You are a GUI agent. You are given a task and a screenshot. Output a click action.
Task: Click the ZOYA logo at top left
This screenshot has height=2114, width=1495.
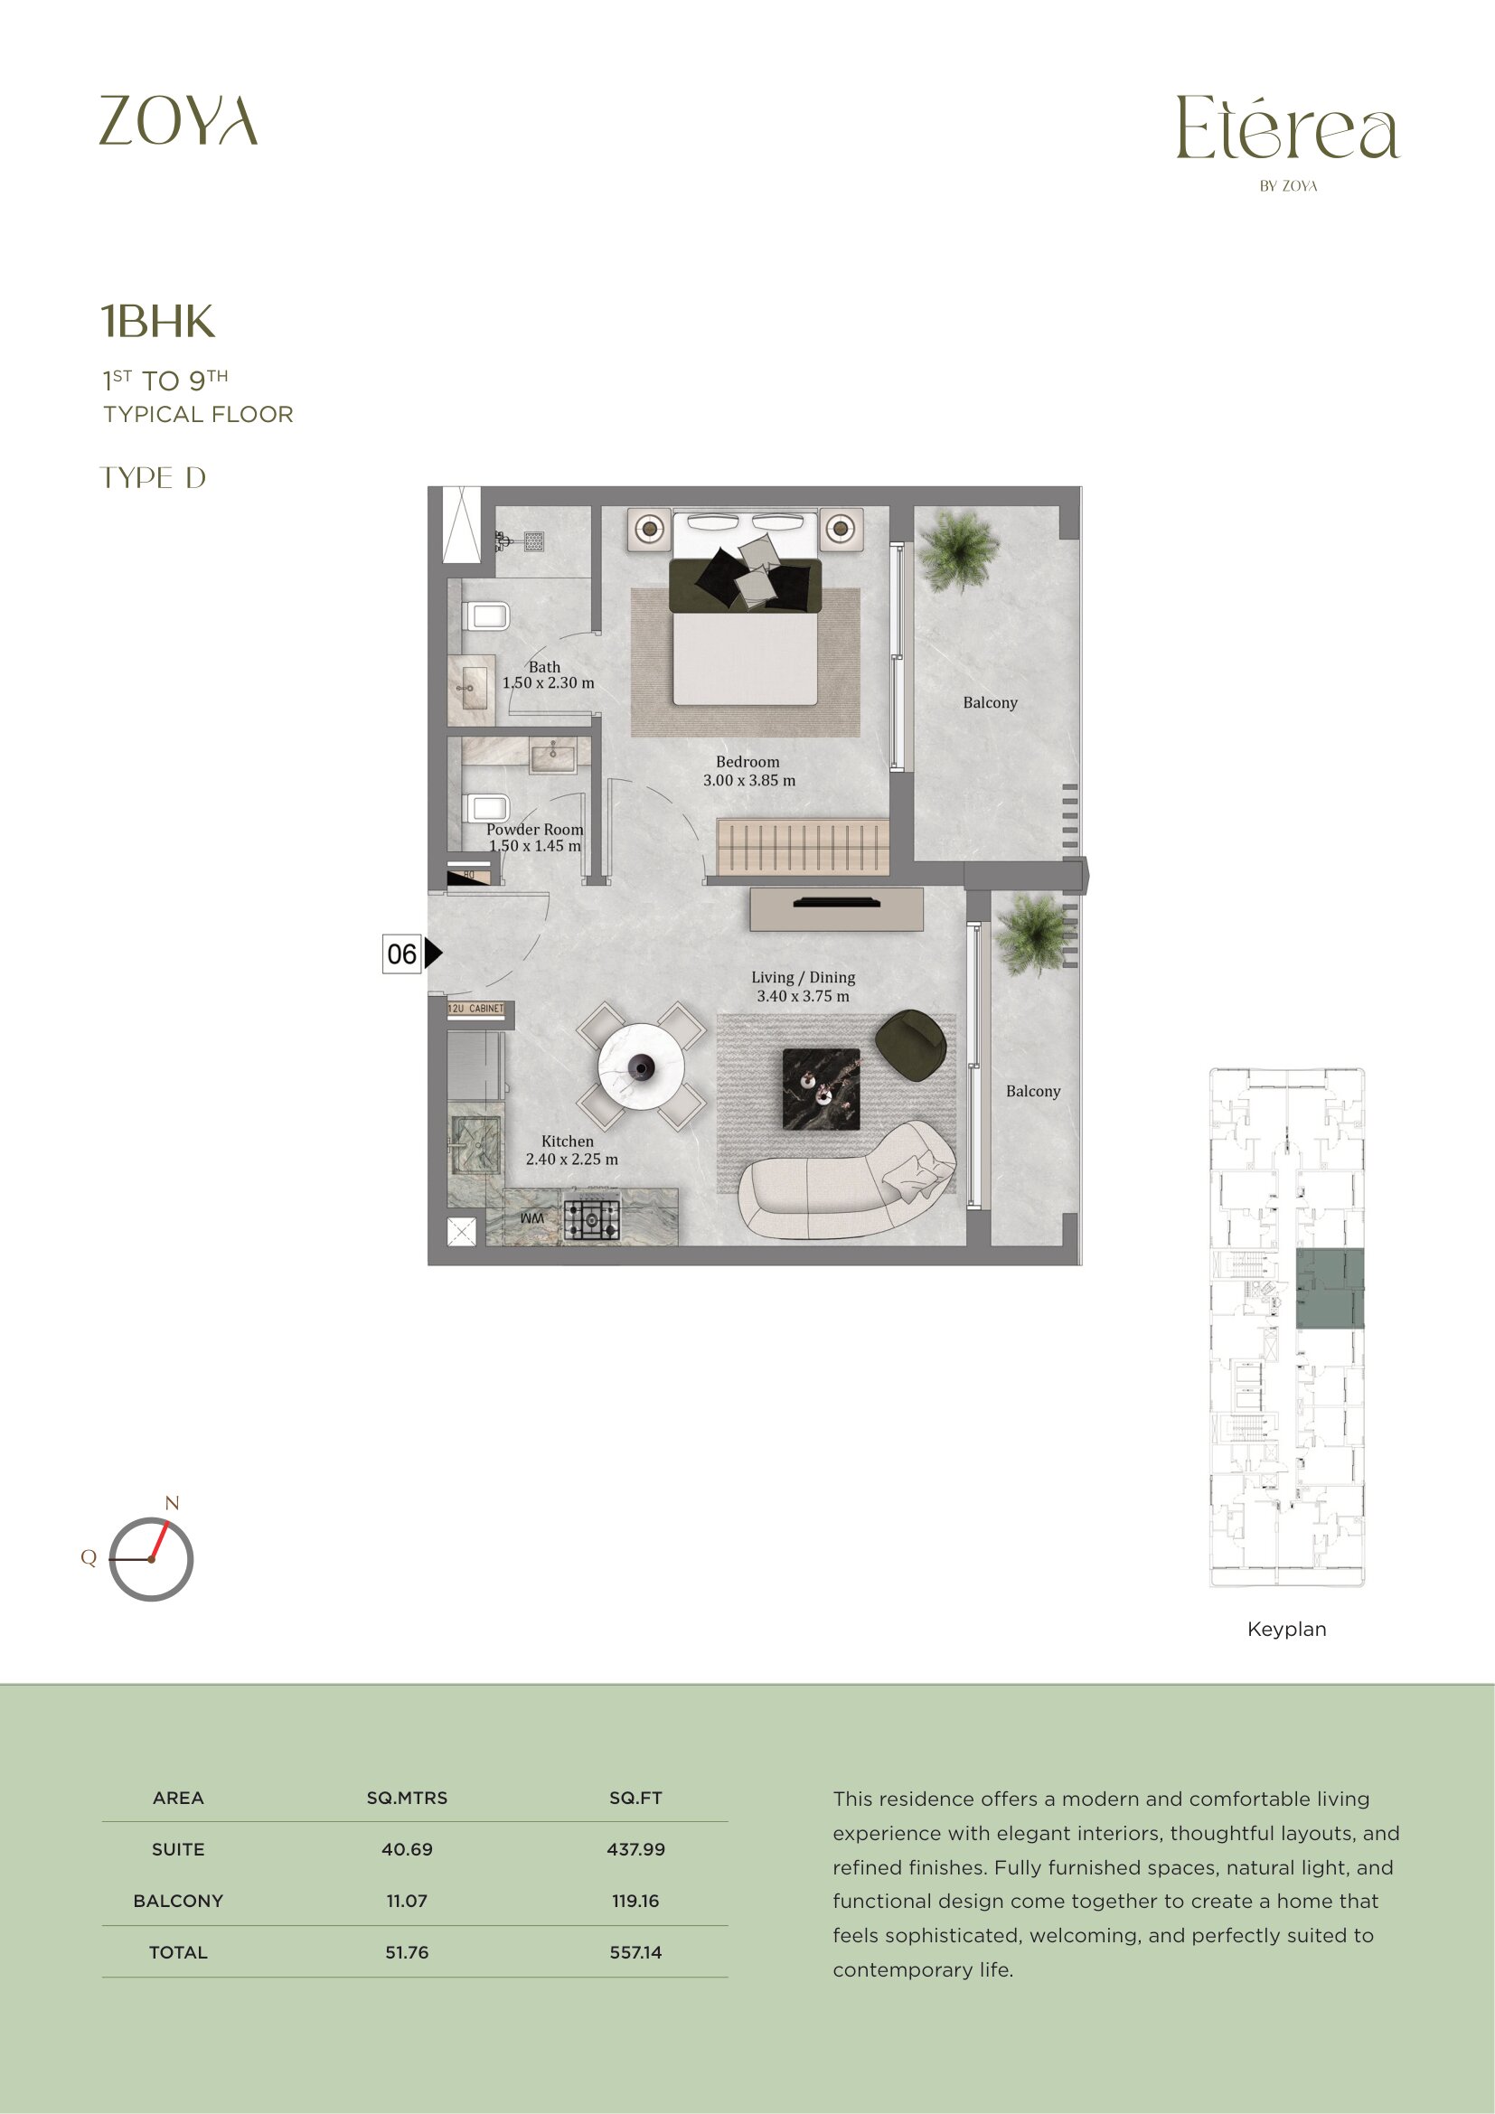point(178,119)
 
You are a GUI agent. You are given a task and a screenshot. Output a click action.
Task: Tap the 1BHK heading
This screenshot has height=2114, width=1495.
point(157,322)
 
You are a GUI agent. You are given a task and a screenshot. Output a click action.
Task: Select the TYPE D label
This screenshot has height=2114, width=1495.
point(153,478)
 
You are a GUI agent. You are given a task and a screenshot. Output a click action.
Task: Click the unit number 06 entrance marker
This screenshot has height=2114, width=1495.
point(402,954)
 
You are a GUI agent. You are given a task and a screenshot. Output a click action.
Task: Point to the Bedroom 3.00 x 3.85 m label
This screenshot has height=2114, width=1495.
point(748,771)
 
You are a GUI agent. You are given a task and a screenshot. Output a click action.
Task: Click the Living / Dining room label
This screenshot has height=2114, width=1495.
point(803,986)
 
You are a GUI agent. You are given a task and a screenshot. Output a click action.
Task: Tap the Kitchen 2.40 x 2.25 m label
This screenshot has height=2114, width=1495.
point(571,1150)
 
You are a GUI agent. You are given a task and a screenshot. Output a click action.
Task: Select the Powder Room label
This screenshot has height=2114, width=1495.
point(535,837)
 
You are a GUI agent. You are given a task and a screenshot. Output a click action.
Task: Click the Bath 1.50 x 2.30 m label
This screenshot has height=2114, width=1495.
point(548,675)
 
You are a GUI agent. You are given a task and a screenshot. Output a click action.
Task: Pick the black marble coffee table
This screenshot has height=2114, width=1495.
point(821,1089)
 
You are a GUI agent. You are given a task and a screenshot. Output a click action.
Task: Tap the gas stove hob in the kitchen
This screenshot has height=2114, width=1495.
point(591,1221)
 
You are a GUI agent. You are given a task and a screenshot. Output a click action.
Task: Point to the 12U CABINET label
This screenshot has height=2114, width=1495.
point(475,1010)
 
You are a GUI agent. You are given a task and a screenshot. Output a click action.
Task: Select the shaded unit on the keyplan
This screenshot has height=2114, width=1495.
point(1330,1288)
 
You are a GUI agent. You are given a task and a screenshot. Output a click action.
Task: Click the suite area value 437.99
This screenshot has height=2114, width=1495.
point(635,1849)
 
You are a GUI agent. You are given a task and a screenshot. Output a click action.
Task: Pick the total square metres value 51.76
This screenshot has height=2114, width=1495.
point(407,1952)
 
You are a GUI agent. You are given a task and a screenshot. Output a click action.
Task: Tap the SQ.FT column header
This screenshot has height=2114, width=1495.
point(635,1798)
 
